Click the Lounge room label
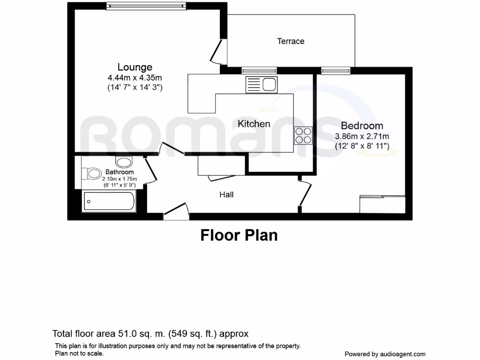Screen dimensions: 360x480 tap(135, 67)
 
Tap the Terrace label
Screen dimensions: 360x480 tap(291, 41)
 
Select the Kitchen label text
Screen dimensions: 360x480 tap(254, 124)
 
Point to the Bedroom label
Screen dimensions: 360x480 tap(362, 126)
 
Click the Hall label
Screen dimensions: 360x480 tap(226, 195)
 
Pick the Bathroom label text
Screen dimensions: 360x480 tap(119, 172)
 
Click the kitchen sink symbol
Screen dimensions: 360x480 tap(262, 85)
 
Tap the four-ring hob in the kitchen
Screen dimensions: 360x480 tap(303, 135)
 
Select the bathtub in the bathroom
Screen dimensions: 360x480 tap(109, 202)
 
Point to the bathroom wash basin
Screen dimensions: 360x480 tap(124, 162)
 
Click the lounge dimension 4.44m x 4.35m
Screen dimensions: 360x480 tap(135, 77)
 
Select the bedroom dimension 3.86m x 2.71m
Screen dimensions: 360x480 tap(362, 136)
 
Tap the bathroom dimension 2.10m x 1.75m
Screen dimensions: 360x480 tap(120, 179)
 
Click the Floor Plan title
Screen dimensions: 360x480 tap(239, 234)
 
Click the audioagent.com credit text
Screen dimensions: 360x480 tap(385, 354)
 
